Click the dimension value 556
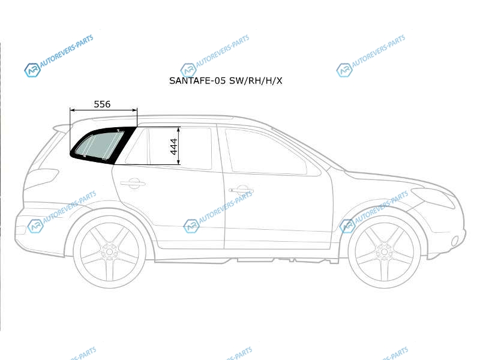pos(102,104)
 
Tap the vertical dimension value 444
pos(173,146)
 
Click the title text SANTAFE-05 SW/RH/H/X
pos(226,80)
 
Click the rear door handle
pos(132,184)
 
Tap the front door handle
pos(241,190)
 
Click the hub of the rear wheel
pos(109,252)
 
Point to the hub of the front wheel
pos(384,252)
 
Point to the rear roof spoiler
pos(64,127)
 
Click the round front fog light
pos(455,241)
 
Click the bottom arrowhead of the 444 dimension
pos(178,162)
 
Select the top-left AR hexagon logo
pos(32,70)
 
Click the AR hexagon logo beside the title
pos(188,70)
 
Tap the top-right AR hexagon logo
pos(344,70)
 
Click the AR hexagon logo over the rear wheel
pos(35,226)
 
